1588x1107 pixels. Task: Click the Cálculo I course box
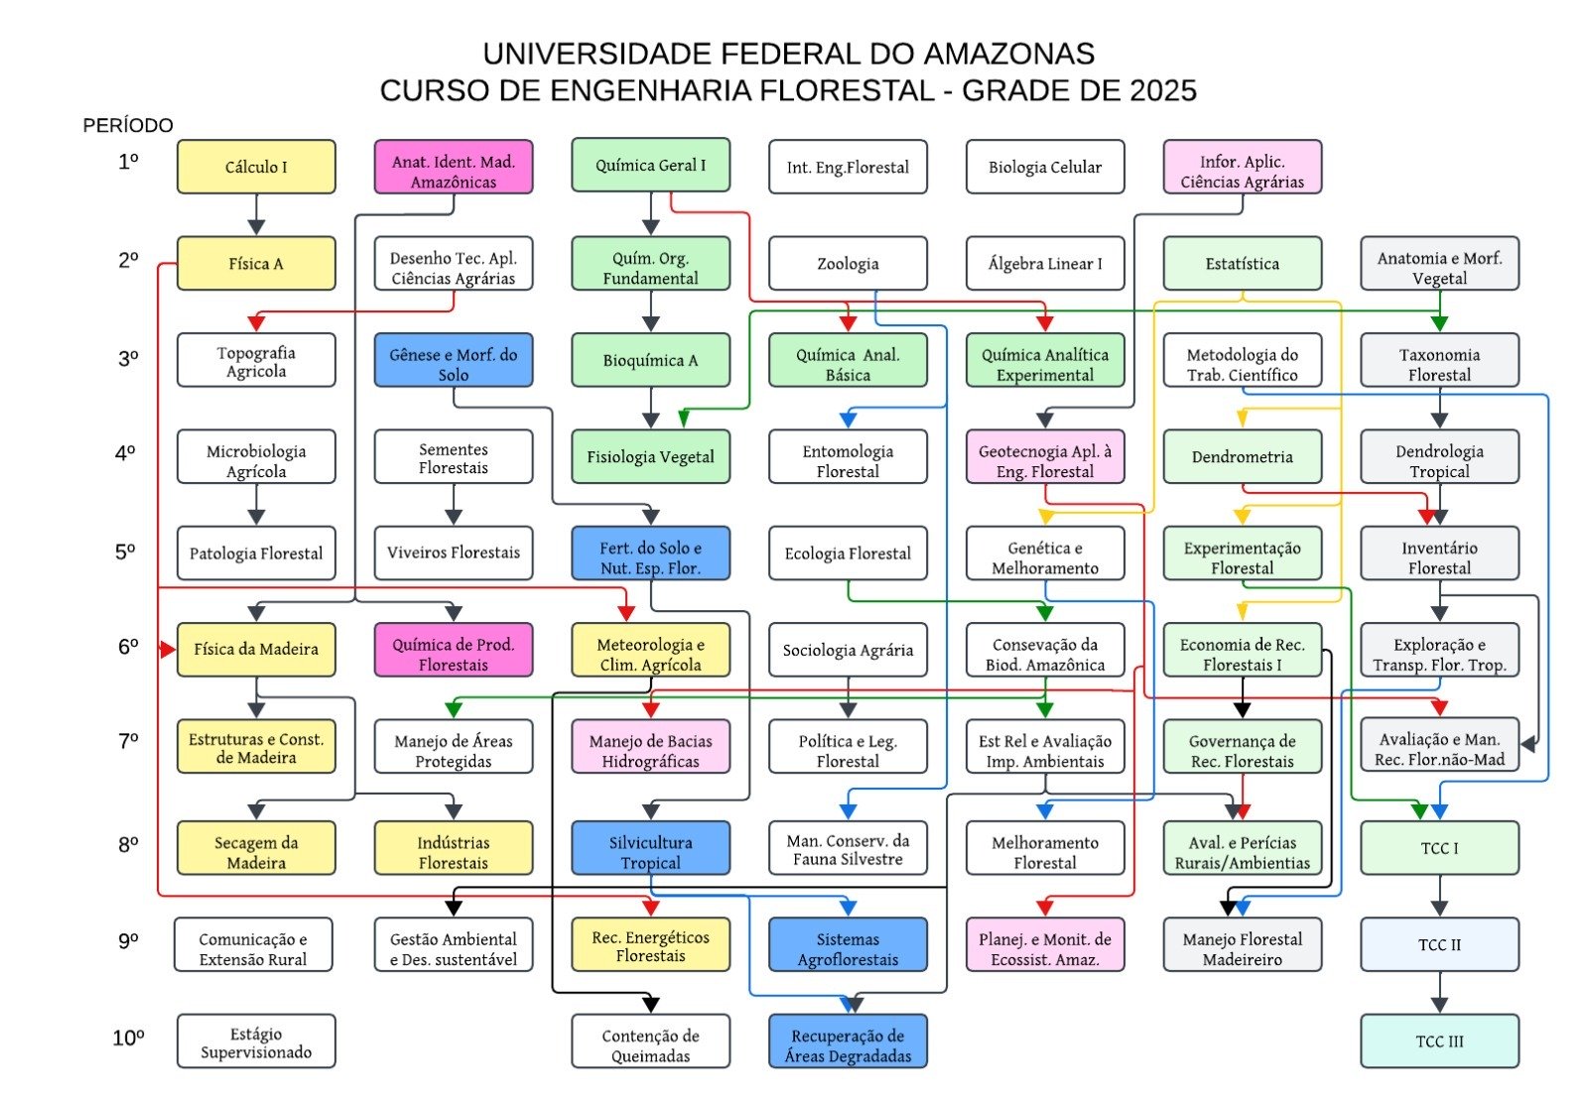(256, 167)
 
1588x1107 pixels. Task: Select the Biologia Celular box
(1045, 167)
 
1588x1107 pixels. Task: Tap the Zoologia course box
(848, 263)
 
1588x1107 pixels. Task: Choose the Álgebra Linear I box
(1045, 263)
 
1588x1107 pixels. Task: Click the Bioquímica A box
(651, 360)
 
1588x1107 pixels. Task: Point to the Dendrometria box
(1242, 456)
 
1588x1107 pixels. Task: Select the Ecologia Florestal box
(848, 553)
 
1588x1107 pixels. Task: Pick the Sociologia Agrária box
(848, 650)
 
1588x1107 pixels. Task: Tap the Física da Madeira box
(256, 649)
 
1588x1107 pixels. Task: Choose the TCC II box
(1439, 944)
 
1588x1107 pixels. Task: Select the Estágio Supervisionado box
(256, 1042)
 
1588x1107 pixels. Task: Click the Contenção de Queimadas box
(651, 1042)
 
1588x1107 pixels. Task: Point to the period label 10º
(128, 1039)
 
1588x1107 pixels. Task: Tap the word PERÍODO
(128, 125)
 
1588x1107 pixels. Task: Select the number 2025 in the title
(1162, 90)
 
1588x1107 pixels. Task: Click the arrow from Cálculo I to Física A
(256, 214)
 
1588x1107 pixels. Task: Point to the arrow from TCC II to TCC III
(1439, 992)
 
